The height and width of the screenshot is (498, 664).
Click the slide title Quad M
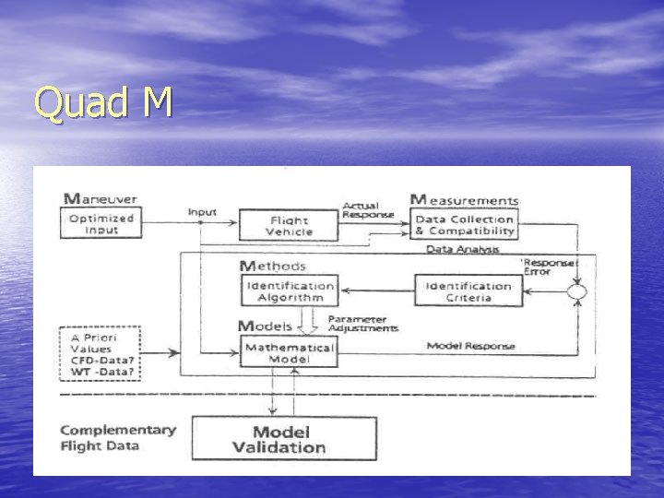point(103,103)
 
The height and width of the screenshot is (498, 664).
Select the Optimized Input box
point(102,224)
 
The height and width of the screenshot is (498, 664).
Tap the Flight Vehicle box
point(289,226)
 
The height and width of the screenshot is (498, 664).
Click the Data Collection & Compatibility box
point(464,225)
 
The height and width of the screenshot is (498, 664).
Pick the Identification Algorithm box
point(290,291)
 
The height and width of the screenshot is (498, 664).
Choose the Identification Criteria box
point(468,291)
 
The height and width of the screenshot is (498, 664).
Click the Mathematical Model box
point(289,352)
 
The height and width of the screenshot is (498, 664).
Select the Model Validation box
point(284,439)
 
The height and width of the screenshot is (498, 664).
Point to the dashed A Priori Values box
point(100,353)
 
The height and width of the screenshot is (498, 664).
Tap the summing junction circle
point(577,292)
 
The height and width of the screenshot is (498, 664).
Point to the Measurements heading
point(464,199)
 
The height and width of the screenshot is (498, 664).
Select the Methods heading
point(272,266)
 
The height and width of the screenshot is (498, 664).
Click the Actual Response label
point(368,210)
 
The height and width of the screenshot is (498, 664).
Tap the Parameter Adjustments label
point(363,324)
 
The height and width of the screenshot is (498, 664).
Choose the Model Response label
point(470,346)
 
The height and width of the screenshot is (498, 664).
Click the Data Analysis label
point(462,249)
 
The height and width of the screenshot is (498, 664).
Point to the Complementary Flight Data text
point(117,437)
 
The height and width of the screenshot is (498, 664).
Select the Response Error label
point(550,267)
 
